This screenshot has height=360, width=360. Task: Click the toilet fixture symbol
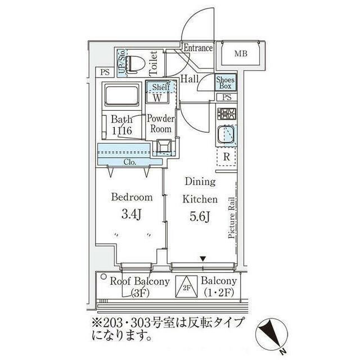point(135,64)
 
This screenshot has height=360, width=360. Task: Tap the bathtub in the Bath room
point(121,94)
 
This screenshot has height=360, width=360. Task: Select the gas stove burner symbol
point(227,114)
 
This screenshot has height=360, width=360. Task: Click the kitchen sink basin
point(226,136)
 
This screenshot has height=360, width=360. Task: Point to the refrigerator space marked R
point(227,157)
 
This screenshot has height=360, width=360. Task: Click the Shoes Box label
point(225,83)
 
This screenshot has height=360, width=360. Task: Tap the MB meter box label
point(241,53)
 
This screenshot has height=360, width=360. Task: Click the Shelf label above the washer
point(161,87)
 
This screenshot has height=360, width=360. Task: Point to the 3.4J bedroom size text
point(131,214)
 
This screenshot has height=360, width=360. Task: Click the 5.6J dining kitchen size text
point(200,216)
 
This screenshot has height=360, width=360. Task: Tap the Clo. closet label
point(130,162)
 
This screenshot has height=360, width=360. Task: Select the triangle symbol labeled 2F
point(186,286)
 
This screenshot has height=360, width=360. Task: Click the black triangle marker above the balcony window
point(202,259)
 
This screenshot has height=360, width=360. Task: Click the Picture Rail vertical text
point(232,218)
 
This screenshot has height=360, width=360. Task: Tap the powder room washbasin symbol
point(164,146)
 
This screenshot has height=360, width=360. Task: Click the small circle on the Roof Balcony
point(103,277)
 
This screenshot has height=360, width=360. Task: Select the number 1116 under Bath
point(122,130)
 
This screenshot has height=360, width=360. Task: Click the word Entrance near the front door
point(198,48)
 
